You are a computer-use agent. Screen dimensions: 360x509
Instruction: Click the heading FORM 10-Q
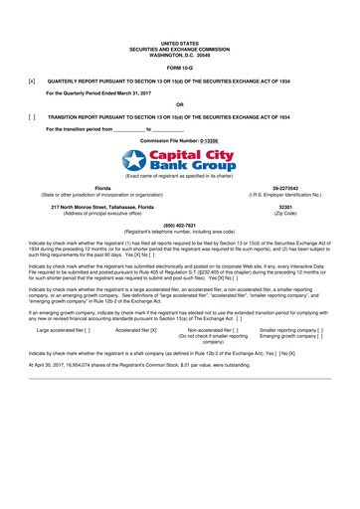pyautogui.click(x=179, y=67)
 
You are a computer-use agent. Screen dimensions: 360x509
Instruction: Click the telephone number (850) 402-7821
pyautogui.click(x=179, y=224)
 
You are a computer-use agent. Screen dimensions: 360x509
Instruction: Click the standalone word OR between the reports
pyautogui.click(x=179, y=104)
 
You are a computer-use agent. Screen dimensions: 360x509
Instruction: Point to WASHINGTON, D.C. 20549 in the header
pyautogui.click(x=179, y=54)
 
